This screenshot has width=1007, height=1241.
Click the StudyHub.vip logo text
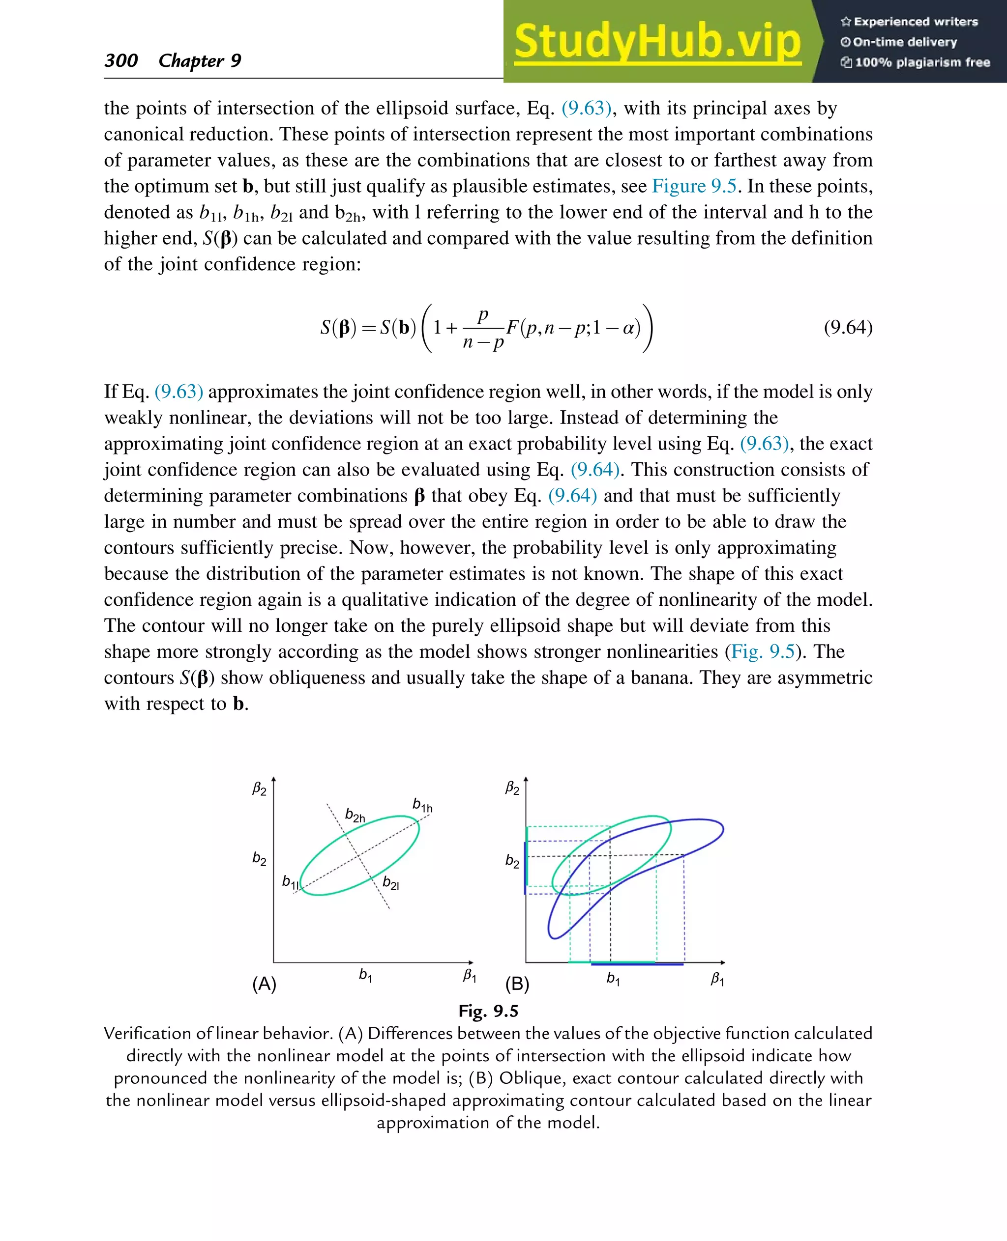coord(657,42)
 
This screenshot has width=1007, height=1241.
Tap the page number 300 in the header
coord(121,60)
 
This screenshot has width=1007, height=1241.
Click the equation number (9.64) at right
coord(848,328)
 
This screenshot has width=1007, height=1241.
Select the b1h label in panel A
coord(422,805)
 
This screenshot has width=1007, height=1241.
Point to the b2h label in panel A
coord(355,815)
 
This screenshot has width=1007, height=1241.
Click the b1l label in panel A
coord(291,882)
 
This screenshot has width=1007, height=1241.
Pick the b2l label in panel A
coord(390,883)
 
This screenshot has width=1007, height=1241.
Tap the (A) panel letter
coord(264,984)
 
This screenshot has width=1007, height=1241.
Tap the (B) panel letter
coord(517,984)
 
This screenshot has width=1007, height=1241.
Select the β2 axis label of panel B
coord(512,788)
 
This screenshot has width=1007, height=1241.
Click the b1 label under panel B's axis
coord(613,979)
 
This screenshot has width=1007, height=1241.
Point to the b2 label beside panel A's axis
coord(259,858)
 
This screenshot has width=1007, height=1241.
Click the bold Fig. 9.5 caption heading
coord(488,1011)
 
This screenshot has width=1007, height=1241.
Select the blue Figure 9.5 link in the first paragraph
coord(694,186)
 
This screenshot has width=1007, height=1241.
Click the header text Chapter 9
coord(200,60)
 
